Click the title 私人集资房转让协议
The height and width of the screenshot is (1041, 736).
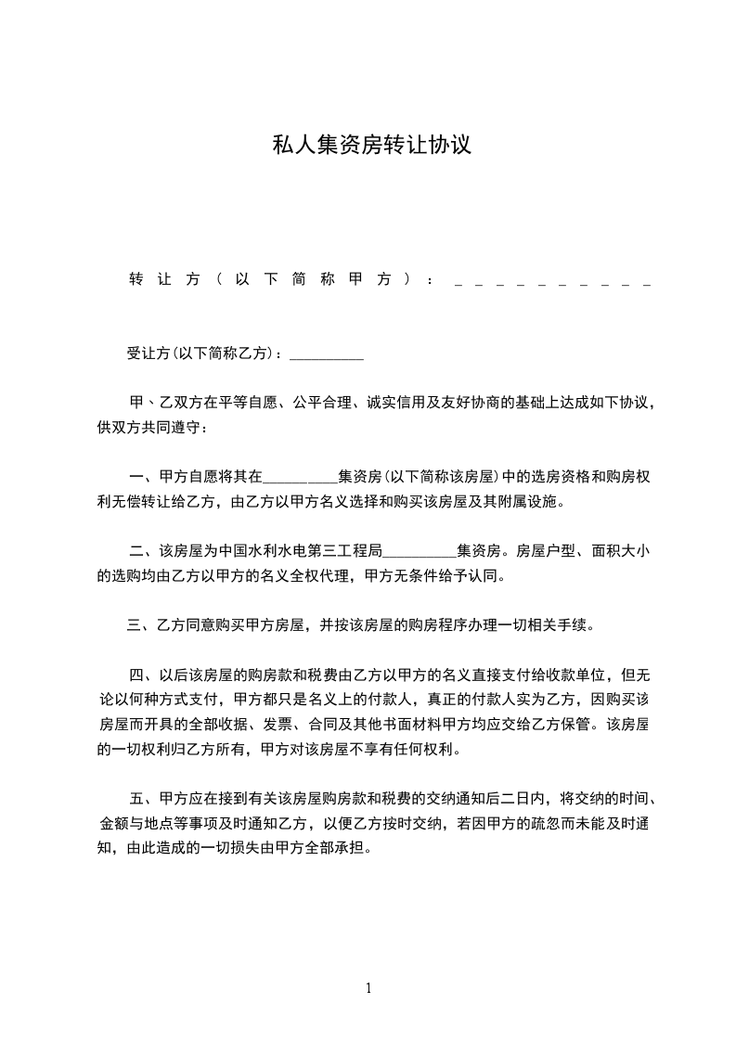[x=371, y=146]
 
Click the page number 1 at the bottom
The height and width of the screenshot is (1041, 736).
[x=368, y=987]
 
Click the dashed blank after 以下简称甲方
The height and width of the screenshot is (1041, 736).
[x=552, y=279]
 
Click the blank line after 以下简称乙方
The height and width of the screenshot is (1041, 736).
[x=327, y=353]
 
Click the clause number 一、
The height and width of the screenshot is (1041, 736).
[x=143, y=478]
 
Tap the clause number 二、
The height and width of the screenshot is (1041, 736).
[x=143, y=552]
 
